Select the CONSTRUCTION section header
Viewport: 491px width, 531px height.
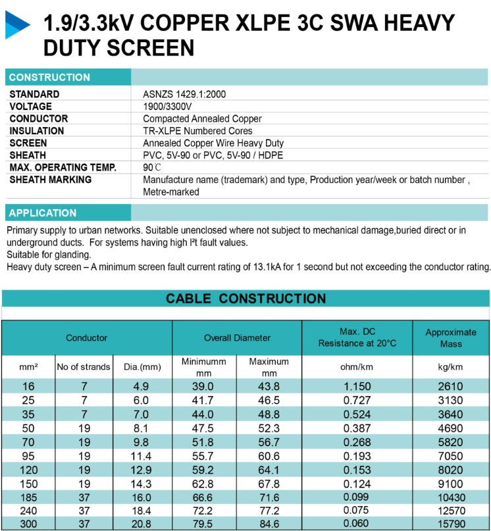(x=49, y=77)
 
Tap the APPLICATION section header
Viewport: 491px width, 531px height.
(x=43, y=213)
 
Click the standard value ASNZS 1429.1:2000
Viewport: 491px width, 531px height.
(x=184, y=94)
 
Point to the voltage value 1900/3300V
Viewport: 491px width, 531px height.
(x=167, y=107)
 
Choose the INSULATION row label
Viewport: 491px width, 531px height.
(x=37, y=131)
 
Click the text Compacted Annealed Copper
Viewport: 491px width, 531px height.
(x=202, y=119)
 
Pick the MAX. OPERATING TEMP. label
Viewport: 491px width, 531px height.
(x=63, y=167)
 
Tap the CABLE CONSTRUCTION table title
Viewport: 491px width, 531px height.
(x=245, y=299)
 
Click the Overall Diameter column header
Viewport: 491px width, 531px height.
(x=237, y=338)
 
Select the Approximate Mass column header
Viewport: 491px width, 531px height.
(x=451, y=338)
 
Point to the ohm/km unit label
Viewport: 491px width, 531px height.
(x=357, y=367)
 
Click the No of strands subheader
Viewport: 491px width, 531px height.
(x=84, y=367)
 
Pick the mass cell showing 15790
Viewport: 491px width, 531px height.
(x=451, y=524)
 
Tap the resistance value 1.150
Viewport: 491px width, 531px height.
(x=357, y=386)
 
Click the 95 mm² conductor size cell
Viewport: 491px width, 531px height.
(x=28, y=455)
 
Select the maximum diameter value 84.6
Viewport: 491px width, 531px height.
(x=269, y=524)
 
